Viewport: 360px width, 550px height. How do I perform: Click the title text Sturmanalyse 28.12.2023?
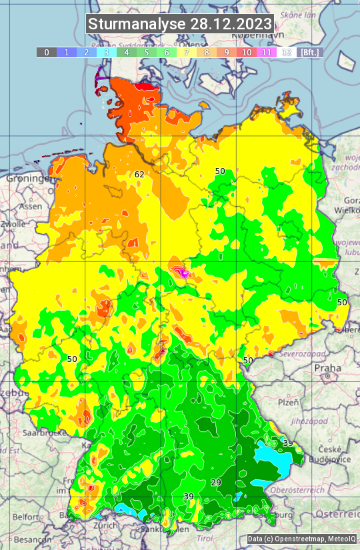pyautogui.click(x=180, y=24)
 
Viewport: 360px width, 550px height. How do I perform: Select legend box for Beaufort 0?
pyautogui.click(x=47, y=52)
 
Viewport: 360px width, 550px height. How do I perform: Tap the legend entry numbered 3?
pyautogui.click(x=107, y=52)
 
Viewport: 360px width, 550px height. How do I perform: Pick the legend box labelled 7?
pyautogui.click(x=187, y=52)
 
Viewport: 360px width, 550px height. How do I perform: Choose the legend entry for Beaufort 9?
pyautogui.click(x=227, y=52)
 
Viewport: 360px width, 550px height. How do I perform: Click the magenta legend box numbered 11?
pyautogui.click(x=267, y=52)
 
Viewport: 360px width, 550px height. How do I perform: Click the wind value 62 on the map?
pyautogui.click(x=139, y=175)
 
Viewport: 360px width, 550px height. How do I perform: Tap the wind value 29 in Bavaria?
pyautogui.click(x=215, y=482)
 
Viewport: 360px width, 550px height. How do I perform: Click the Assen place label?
pyautogui.click(x=31, y=207)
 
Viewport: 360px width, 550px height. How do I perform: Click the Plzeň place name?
pyautogui.click(x=287, y=403)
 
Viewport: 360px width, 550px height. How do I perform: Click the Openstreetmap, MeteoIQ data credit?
pyautogui.click(x=301, y=539)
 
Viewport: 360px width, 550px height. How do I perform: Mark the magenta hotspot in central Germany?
pyautogui.click(x=181, y=271)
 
